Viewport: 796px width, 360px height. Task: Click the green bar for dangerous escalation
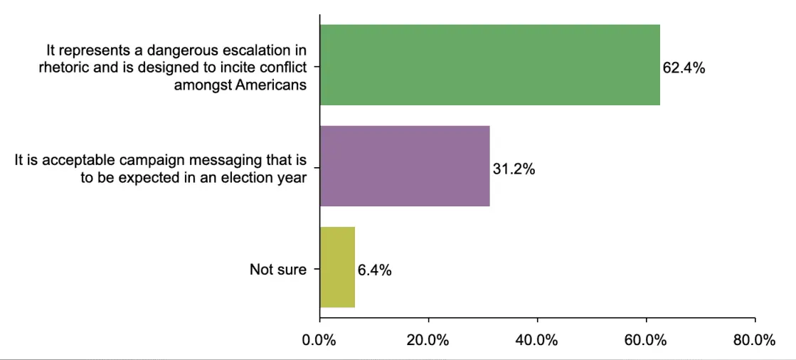coord(489,65)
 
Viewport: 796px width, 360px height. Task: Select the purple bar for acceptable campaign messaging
coord(405,166)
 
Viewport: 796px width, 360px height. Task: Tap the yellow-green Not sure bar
coord(337,267)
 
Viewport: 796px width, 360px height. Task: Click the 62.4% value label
coord(684,69)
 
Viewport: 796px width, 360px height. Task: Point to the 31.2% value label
coord(514,170)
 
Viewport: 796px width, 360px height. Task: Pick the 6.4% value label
coord(374,270)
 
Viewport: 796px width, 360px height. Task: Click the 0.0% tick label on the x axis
coord(319,340)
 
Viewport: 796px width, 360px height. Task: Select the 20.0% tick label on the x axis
coord(428,340)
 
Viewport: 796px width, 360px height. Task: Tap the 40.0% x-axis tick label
coord(537,340)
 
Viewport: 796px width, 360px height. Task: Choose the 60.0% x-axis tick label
coord(646,340)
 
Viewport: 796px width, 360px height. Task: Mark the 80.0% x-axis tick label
coord(754,340)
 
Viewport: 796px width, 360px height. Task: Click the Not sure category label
coord(278,270)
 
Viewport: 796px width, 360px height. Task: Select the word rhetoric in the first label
coord(62,68)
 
